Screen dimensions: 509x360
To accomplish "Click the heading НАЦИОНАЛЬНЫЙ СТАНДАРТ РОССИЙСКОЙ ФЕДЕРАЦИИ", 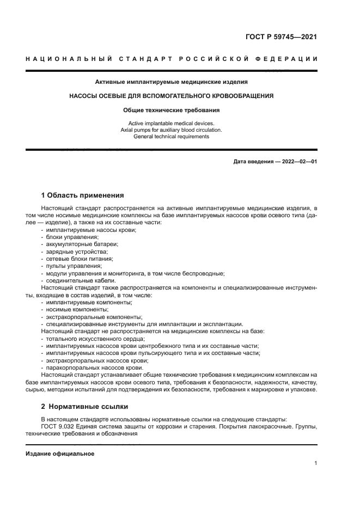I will [172, 59].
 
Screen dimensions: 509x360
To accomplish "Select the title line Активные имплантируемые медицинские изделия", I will [172, 82].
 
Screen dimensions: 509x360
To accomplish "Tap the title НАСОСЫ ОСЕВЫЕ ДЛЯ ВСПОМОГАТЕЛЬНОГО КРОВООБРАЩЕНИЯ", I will [172, 96].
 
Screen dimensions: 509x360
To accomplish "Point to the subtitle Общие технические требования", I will [172, 109].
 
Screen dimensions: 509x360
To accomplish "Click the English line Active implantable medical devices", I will [172, 123].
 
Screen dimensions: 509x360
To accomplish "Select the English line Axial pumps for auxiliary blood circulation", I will [172, 130].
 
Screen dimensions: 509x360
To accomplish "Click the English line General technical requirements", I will [172, 137].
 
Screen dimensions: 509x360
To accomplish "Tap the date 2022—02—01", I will [300, 162].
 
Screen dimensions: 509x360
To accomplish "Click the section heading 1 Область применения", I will [83, 195].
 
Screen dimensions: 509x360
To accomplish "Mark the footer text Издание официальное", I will [60, 453].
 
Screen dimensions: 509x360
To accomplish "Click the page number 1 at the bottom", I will [316, 463].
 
